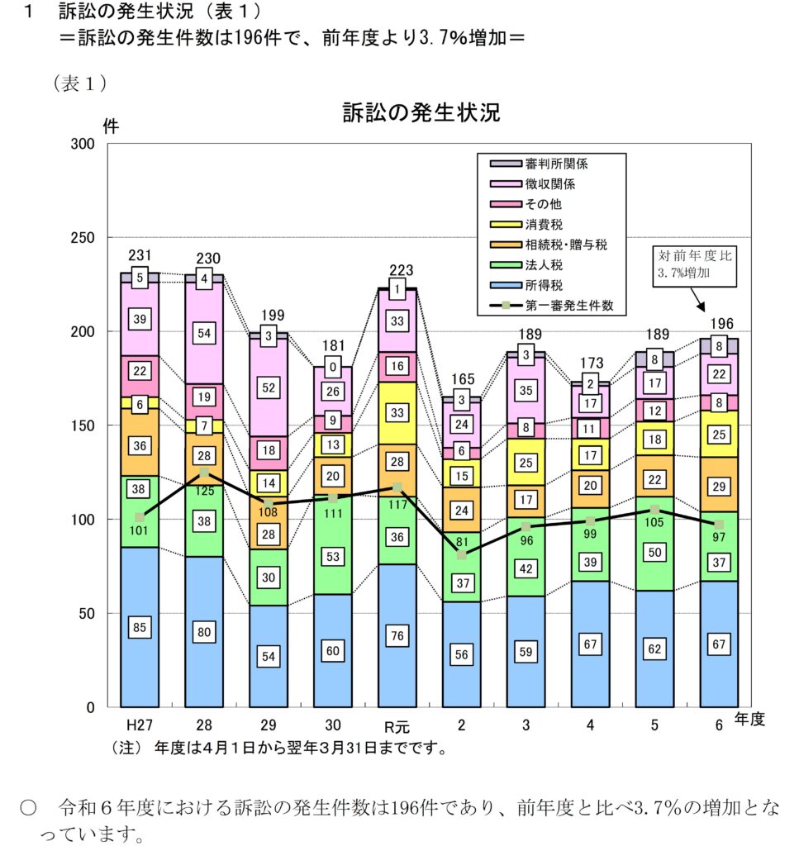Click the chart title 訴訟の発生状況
coord(421,113)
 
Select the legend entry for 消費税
coord(545,224)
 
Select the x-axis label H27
coord(139,725)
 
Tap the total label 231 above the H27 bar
coord(140,257)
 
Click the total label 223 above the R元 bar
coord(397,271)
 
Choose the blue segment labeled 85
coord(140,627)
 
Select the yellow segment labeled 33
coord(397,413)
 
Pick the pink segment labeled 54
coord(204,332)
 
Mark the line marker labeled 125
coord(204,473)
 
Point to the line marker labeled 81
coord(461,554)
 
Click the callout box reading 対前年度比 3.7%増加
coord(693,264)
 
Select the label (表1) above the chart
coord(80,83)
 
